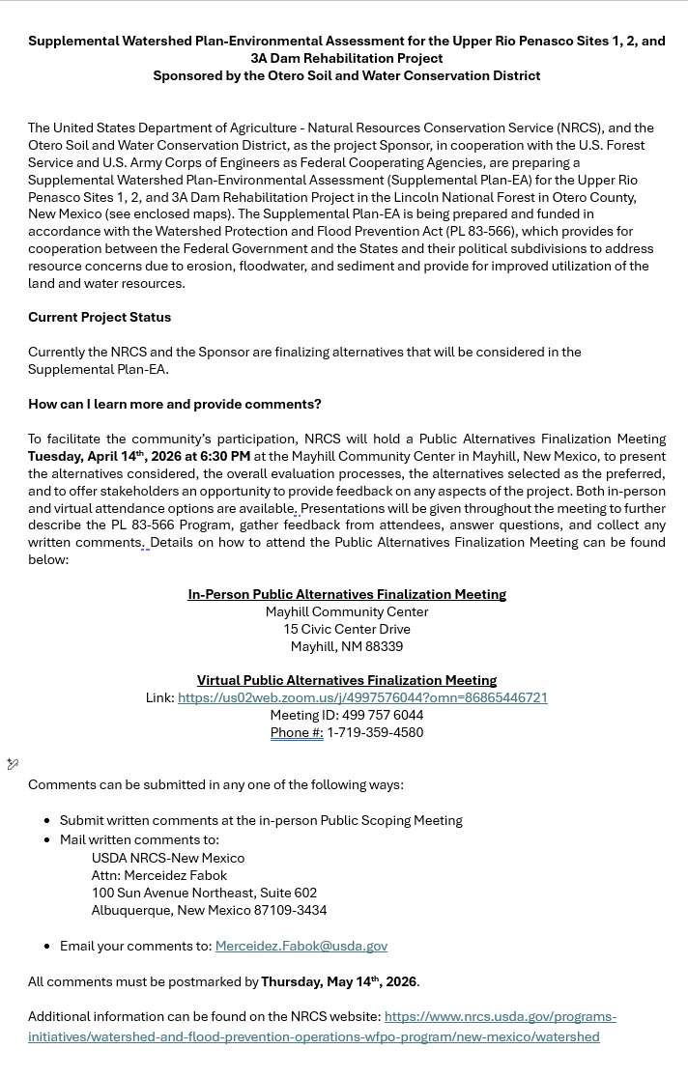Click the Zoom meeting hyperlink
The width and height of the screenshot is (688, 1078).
362,697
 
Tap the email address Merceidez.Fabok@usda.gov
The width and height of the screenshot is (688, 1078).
301,946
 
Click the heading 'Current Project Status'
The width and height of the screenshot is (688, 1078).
100,317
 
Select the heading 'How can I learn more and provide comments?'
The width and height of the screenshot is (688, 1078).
174,404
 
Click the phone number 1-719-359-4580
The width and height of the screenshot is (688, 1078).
375,732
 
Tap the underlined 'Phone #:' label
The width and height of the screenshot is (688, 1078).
297,732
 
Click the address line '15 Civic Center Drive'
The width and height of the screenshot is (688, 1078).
346,629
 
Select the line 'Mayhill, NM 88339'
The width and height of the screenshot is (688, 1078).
346,646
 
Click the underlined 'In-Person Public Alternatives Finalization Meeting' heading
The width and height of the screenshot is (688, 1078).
346,594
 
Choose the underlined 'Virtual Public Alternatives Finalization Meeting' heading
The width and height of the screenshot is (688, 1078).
346,680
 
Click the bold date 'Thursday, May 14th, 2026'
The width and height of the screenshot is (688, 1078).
338,981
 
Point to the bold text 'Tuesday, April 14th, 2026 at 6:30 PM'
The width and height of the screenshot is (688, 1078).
139,456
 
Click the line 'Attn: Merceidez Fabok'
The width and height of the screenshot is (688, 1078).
158,875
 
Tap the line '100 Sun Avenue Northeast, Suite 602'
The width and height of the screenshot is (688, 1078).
204,893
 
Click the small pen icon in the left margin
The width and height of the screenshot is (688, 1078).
13,764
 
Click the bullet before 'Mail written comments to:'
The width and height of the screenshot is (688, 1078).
47,840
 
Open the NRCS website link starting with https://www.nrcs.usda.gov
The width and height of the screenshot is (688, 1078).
500,1016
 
